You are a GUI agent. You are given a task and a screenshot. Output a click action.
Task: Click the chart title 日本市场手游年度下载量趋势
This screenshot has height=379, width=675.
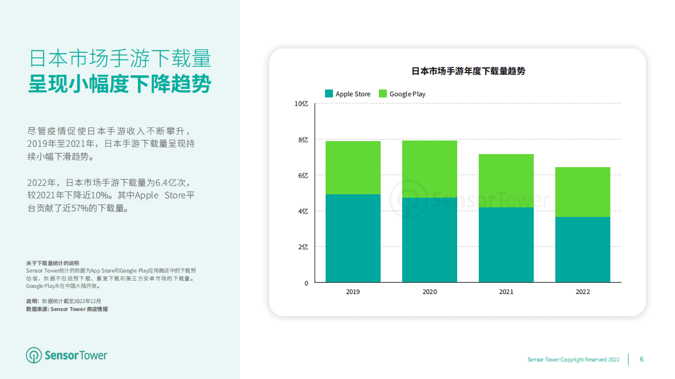pos(468,71)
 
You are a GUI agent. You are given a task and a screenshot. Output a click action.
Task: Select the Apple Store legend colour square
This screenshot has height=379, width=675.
pos(329,93)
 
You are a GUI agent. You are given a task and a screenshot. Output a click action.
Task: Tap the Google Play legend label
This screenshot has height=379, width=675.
pos(407,94)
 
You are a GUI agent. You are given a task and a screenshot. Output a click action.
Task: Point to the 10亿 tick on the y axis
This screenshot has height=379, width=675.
pos(301,104)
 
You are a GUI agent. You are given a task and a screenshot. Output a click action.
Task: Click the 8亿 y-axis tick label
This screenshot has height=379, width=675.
pos(303,139)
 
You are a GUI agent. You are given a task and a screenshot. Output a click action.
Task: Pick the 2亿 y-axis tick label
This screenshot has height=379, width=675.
pos(303,247)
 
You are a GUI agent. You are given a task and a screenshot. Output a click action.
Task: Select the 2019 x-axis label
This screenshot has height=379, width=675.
pos(353,292)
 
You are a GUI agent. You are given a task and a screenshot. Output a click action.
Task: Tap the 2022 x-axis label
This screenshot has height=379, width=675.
pos(583,292)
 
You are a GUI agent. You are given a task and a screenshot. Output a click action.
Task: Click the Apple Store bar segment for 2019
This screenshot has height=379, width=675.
pos(353,238)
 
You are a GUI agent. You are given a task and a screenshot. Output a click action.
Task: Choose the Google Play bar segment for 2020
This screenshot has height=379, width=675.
pos(429,169)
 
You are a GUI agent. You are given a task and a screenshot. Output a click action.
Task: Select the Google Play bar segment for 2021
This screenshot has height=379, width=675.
pos(506,181)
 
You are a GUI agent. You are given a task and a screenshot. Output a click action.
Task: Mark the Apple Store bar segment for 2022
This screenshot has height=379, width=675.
pos(583,249)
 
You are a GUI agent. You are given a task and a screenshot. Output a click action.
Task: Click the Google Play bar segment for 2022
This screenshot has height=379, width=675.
pos(583,192)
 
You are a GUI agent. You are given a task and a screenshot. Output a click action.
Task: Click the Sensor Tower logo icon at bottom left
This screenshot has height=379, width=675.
pos(34,355)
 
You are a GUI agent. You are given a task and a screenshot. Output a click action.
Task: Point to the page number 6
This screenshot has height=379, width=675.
pos(642,359)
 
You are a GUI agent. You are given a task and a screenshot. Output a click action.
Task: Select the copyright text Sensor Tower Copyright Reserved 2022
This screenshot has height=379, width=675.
pos(573,360)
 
